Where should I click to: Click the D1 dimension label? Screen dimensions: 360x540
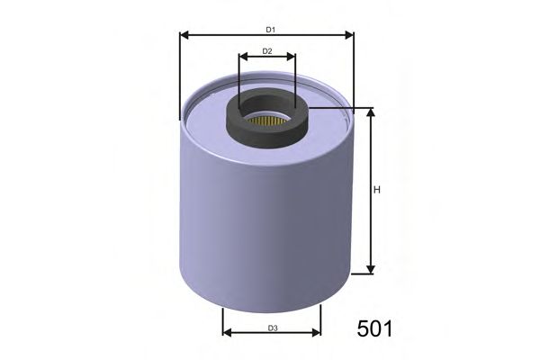coord(268,30)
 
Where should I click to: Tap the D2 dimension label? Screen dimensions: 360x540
coord(267,51)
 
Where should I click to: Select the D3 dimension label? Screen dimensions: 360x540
coord(272,327)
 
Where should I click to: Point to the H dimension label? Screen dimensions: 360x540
coord(378,190)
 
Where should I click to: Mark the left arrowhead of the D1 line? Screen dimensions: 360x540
coord(184,36)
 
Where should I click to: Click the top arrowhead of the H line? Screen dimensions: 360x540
coord(369,112)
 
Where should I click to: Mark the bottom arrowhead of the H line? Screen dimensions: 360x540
coord(369,269)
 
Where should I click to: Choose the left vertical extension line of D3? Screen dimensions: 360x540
coord(222,319)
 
